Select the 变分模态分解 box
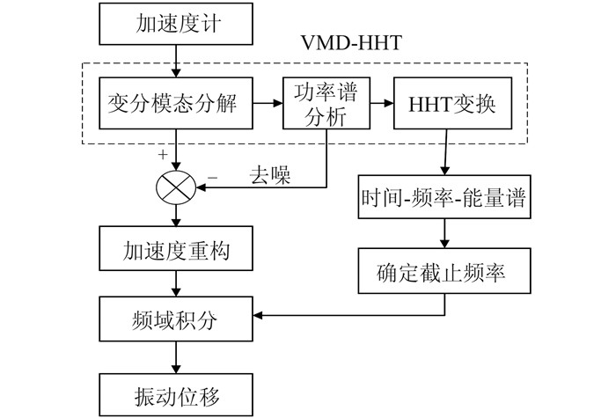click(178, 104)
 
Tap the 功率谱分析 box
click(321, 104)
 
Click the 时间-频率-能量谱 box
click(445, 197)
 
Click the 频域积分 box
click(178, 315)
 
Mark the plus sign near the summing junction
click(162, 154)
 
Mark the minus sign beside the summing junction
click(212, 177)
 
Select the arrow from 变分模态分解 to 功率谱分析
click(268, 104)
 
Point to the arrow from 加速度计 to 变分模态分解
click(178, 59)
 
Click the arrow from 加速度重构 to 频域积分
click(178, 282)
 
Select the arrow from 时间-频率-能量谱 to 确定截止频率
click(445, 235)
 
